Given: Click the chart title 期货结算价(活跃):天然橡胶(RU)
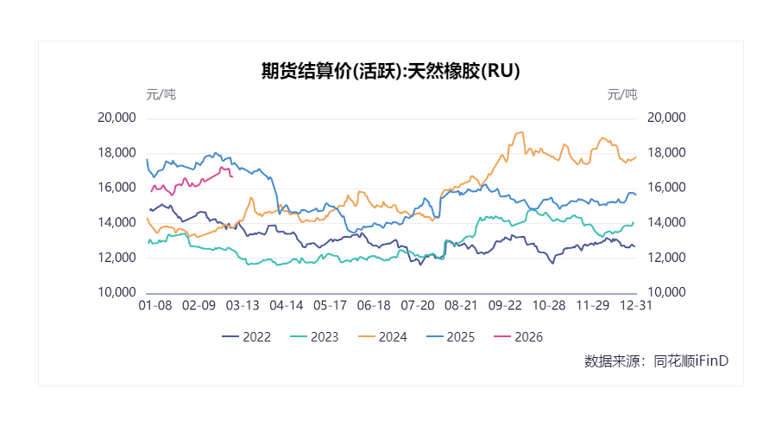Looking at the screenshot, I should tap(390, 71).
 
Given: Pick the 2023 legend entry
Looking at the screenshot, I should tap(313, 337).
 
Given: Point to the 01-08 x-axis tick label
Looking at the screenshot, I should tap(156, 306).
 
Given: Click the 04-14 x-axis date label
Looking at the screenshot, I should tap(287, 306).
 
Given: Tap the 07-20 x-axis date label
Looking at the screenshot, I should tap(418, 306).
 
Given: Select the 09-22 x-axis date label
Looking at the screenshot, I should tap(505, 306).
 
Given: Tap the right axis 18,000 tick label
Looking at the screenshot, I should tap(665, 153).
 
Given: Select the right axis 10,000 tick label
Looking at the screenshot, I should tap(665, 292).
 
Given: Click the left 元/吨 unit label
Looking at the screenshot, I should tap(161, 94).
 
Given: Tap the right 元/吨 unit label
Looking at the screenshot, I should tap(622, 94).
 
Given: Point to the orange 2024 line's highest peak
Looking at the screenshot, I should tap(521, 132).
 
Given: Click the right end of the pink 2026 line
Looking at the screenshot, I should tap(232, 176).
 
